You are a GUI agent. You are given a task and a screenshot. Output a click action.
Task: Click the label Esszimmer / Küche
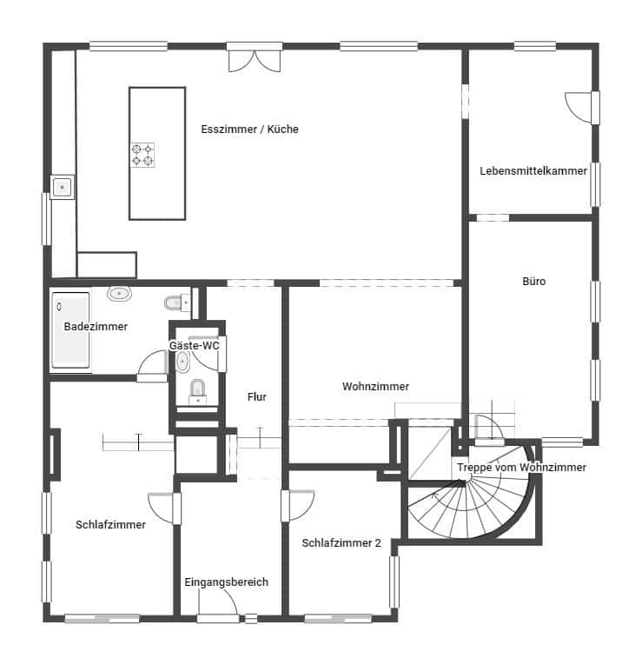[x=249, y=129]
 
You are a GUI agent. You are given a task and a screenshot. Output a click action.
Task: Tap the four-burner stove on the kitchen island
[x=142, y=155]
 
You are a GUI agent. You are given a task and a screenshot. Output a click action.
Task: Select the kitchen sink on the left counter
[x=63, y=186]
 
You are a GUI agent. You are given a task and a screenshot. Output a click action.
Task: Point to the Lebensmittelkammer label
[x=533, y=170]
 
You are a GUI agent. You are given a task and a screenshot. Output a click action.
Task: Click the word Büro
[x=533, y=282]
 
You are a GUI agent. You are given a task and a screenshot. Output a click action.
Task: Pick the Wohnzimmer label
[x=375, y=386]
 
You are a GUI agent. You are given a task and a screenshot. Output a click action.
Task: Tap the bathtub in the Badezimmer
[x=70, y=331]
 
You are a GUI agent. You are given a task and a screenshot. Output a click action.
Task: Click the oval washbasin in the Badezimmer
[x=119, y=294]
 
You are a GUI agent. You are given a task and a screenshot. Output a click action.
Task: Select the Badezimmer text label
[x=96, y=326]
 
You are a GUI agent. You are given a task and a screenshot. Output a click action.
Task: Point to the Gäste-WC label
[x=195, y=345]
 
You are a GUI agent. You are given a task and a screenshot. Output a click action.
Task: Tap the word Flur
[x=256, y=396]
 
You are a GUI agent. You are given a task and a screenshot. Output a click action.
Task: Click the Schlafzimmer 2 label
[x=341, y=542]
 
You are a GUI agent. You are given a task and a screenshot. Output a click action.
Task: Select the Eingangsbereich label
[x=226, y=582]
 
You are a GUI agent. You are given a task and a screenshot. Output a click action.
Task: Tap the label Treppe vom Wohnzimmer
[x=521, y=467]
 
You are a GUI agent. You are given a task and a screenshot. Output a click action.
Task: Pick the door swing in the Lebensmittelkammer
[x=579, y=108]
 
